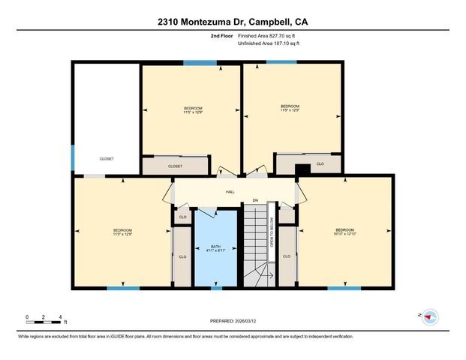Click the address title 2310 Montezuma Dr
click(x=233, y=22)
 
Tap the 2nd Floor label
click(x=221, y=36)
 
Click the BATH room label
click(x=215, y=248)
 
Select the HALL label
click(x=230, y=192)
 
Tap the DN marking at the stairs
click(x=255, y=200)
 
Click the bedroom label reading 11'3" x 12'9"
click(x=122, y=232)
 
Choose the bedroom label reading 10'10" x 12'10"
click(x=344, y=232)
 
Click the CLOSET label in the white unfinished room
click(x=107, y=159)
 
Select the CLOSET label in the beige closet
click(x=175, y=166)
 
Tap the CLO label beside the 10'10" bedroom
click(x=287, y=256)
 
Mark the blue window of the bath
click(x=216, y=288)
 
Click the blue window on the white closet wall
click(x=73, y=157)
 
